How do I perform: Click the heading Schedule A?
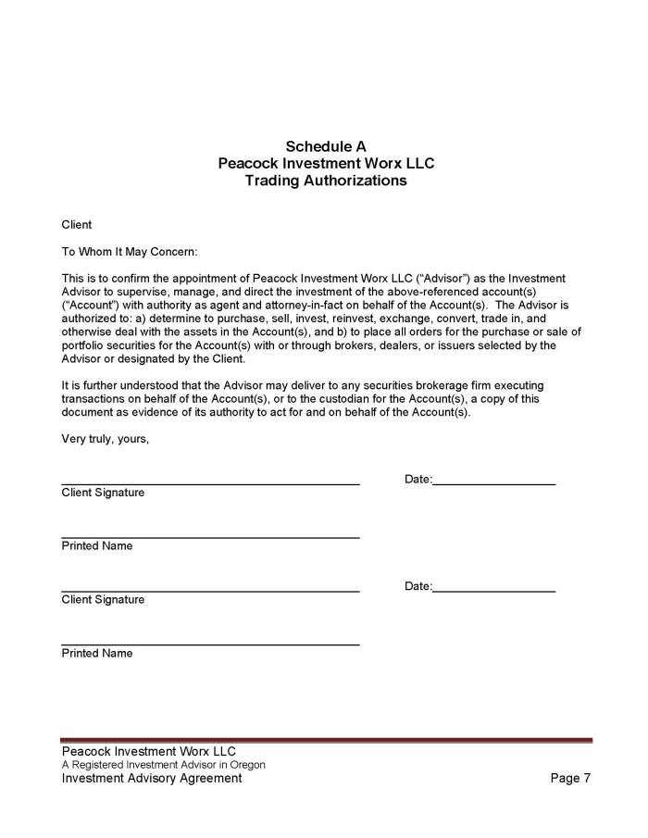click(325, 146)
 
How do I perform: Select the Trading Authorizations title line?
click(325, 181)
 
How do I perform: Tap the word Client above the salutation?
click(77, 225)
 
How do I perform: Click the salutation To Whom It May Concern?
click(130, 252)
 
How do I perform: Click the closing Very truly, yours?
click(105, 439)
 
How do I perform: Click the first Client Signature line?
click(210, 483)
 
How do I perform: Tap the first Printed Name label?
click(97, 546)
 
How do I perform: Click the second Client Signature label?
click(103, 600)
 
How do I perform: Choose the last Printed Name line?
click(210, 644)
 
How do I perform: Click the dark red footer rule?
click(326, 740)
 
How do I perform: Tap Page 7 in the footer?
click(569, 779)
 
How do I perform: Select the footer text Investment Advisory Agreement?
click(152, 779)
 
